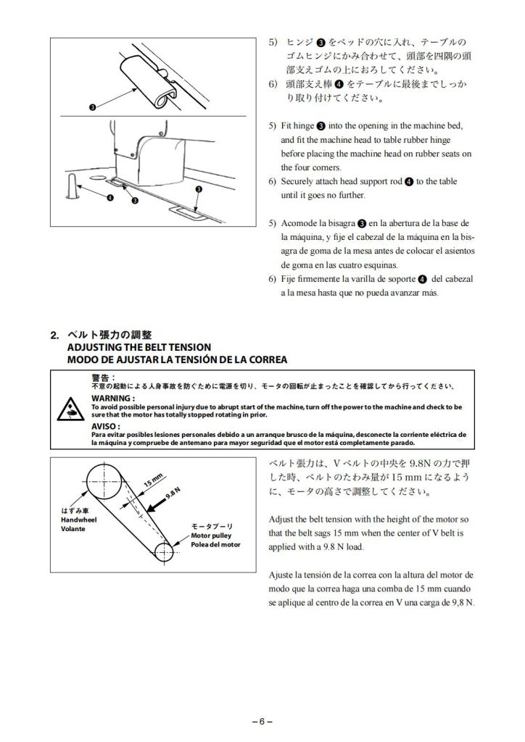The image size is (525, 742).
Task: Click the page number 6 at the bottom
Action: tap(262, 721)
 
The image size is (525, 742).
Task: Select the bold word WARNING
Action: tap(112, 399)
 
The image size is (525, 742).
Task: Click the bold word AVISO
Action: tap(106, 426)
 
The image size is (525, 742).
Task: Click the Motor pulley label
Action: tap(210, 535)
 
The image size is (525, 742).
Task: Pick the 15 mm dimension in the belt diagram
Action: tap(152, 482)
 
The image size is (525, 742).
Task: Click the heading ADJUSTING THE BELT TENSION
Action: tap(138, 347)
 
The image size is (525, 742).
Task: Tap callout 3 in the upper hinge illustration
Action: tap(92, 109)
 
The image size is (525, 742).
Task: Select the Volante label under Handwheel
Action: tap(73, 529)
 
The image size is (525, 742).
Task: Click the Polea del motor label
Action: tap(215, 544)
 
